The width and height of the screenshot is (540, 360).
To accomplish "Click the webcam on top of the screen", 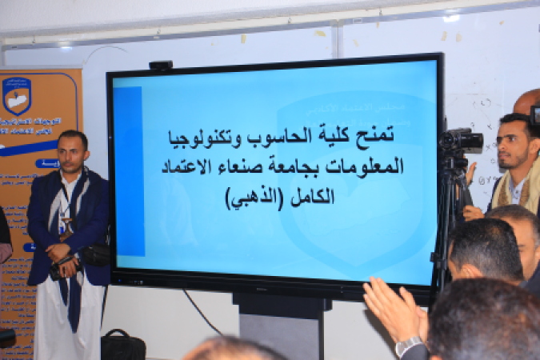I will coord(160,65).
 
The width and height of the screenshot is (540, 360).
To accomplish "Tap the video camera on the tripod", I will coord(462,142).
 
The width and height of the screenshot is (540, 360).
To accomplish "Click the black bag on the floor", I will coord(122,345).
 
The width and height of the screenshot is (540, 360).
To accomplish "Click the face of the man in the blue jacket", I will coord(74,151).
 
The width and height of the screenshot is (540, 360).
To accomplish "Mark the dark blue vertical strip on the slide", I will coord(128,172).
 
